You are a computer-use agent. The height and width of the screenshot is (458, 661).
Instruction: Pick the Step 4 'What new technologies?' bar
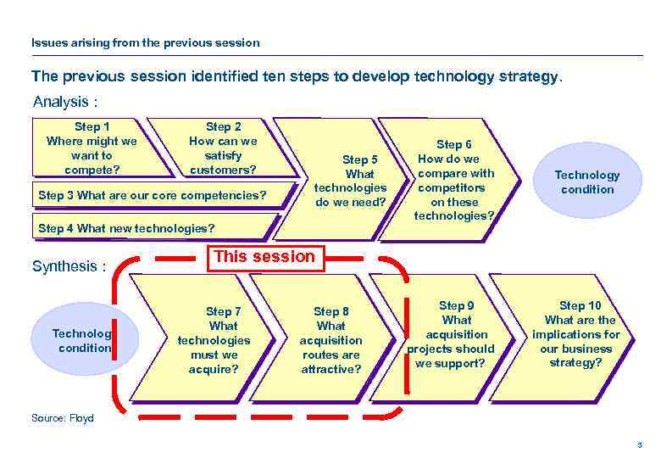coord(127,228)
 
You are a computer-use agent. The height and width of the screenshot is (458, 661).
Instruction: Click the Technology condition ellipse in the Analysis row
coord(586,182)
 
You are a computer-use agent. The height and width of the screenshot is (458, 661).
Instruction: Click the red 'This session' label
coord(264,257)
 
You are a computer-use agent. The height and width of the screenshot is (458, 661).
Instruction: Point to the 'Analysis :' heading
coord(65,103)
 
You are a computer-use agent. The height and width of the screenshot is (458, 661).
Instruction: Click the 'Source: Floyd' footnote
coord(62,418)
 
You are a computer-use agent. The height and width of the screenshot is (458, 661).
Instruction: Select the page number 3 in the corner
coord(640,444)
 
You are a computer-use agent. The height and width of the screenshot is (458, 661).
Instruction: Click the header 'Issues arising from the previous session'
coord(145,42)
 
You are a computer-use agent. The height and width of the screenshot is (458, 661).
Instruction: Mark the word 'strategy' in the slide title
coord(528,77)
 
